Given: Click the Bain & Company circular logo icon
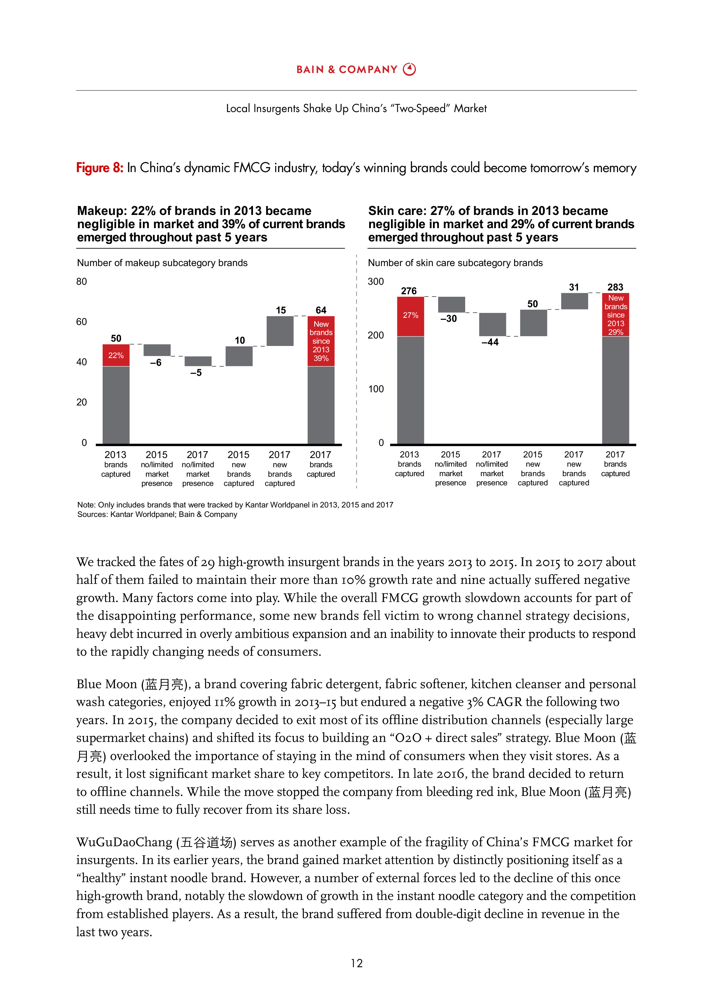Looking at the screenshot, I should [409, 69].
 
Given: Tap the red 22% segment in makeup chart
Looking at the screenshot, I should [116, 355].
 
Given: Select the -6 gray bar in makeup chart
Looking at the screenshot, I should [157, 350].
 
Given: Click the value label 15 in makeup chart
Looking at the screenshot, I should [281, 310].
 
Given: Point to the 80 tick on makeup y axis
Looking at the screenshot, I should [82, 281].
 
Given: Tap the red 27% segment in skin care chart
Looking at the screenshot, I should [410, 316].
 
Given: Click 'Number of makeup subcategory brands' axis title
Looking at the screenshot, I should [162, 263].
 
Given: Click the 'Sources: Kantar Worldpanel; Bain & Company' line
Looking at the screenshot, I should [157, 515].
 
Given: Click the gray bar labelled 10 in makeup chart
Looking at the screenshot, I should [239, 356].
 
